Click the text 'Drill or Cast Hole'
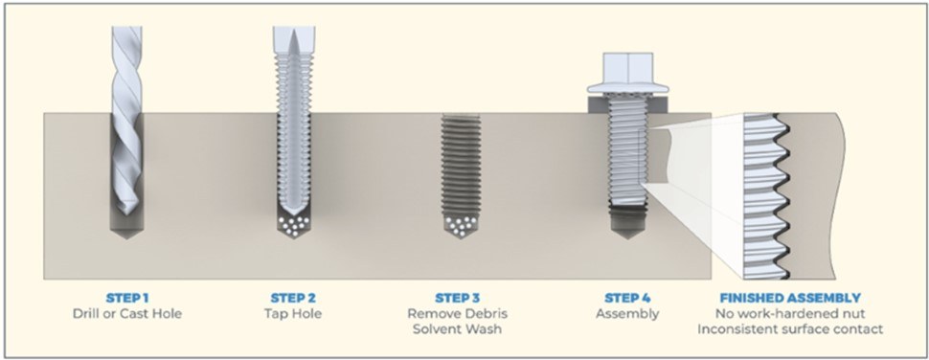pos(126,313)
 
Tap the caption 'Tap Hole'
pos(292,313)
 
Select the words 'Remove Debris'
pos(457,313)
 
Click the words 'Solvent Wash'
pos(457,328)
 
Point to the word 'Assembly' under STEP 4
pos(627,314)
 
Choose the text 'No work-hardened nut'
pos(790,313)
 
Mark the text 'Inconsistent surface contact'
pos(790,328)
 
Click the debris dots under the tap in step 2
pos(292,225)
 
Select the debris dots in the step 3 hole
pos(458,225)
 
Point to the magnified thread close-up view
pos(766,196)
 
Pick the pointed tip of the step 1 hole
pos(126,238)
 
